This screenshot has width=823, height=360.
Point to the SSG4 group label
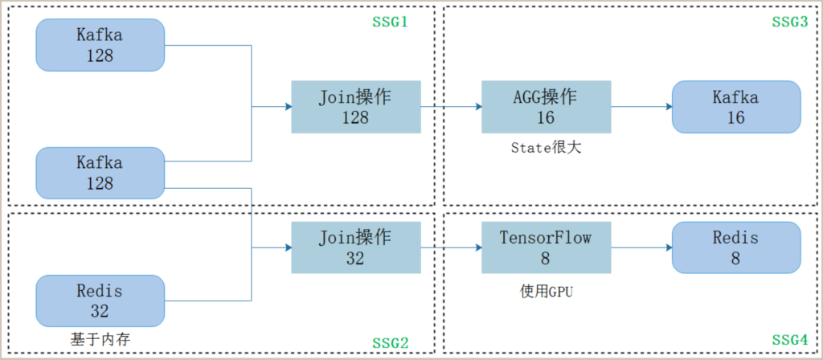click(x=789, y=340)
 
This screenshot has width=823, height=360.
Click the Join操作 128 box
click(x=356, y=107)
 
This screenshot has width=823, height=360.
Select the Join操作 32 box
click(x=356, y=247)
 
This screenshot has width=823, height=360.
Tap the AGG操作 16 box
click(x=546, y=107)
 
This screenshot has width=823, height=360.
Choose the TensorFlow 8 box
click(x=546, y=247)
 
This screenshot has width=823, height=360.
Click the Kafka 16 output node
click(x=736, y=107)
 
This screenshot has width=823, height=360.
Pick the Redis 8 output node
click(x=736, y=247)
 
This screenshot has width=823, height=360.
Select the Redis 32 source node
click(x=100, y=301)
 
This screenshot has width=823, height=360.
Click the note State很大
click(x=546, y=148)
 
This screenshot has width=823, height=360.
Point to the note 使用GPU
click(x=546, y=292)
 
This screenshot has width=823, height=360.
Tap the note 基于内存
click(x=100, y=339)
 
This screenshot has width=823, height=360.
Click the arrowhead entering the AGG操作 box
click(x=478, y=107)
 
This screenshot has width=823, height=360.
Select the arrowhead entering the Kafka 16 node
click(x=669, y=107)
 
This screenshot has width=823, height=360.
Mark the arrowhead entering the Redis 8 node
click(x=669, y=247)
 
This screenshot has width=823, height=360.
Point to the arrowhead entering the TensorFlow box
click(x=478, y=247)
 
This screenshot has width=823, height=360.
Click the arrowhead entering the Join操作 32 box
click(x=289, y=247)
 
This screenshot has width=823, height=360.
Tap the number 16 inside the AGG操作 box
click(x=546, y=117)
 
